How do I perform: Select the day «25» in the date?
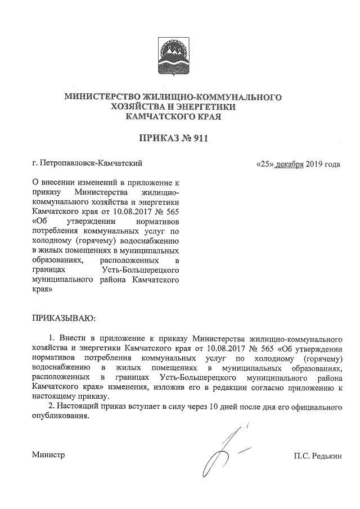point(264,164)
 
